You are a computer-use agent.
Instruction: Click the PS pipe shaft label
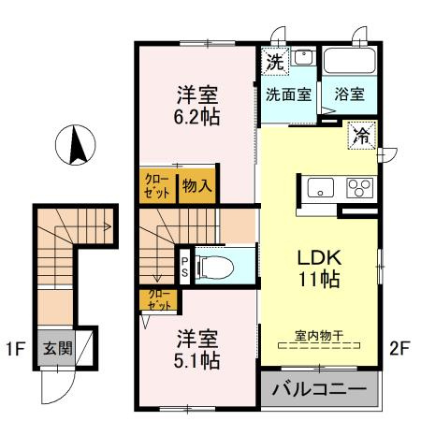click(184, 267)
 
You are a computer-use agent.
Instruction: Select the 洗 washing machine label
click(274, 64)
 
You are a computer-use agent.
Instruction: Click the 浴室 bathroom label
click(349, 94)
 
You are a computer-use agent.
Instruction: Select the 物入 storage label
click(197, 185)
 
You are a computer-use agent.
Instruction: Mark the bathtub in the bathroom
click(349, 63)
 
